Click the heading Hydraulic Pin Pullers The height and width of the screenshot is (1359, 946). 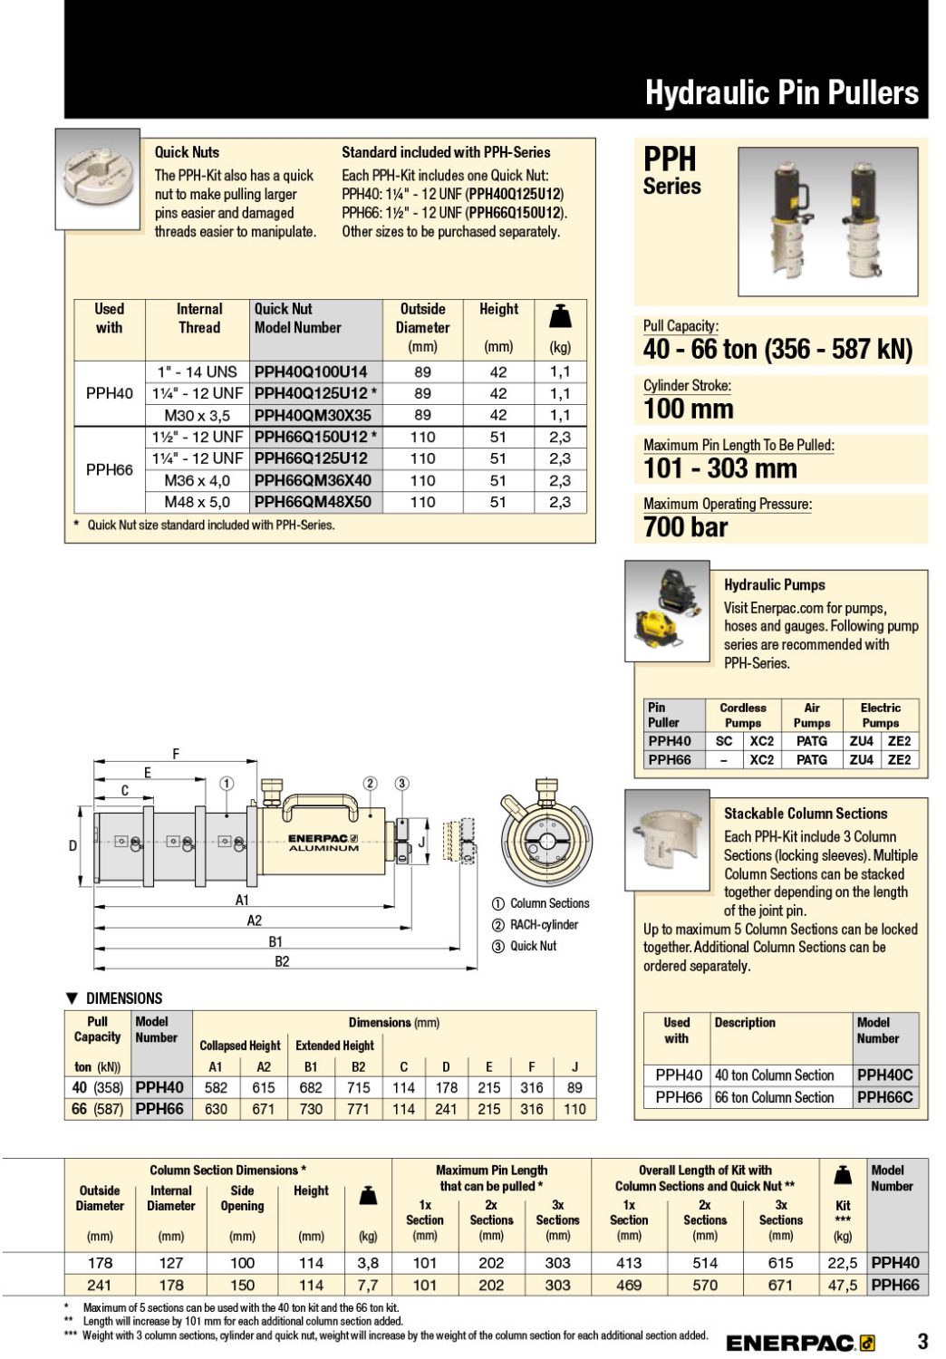[781, 92]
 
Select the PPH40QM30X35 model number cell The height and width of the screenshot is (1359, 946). [313, 415]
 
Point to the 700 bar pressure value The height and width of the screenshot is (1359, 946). [686, 526]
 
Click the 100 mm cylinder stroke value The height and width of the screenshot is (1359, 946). [688, 409]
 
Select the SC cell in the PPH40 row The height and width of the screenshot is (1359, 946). [724, 741]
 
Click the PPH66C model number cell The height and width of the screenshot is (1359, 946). [884, 1097]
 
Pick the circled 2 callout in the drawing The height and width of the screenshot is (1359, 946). [370, 784]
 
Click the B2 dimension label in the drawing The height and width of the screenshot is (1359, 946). [282, 961]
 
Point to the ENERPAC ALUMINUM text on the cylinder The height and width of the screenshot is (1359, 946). [323, 843]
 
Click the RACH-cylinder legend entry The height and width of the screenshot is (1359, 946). [543, 925]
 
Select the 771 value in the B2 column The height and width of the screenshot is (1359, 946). [358, 1109]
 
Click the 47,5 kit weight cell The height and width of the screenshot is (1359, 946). [843, 1285]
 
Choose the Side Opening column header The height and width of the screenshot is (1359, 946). [242, 1198]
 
